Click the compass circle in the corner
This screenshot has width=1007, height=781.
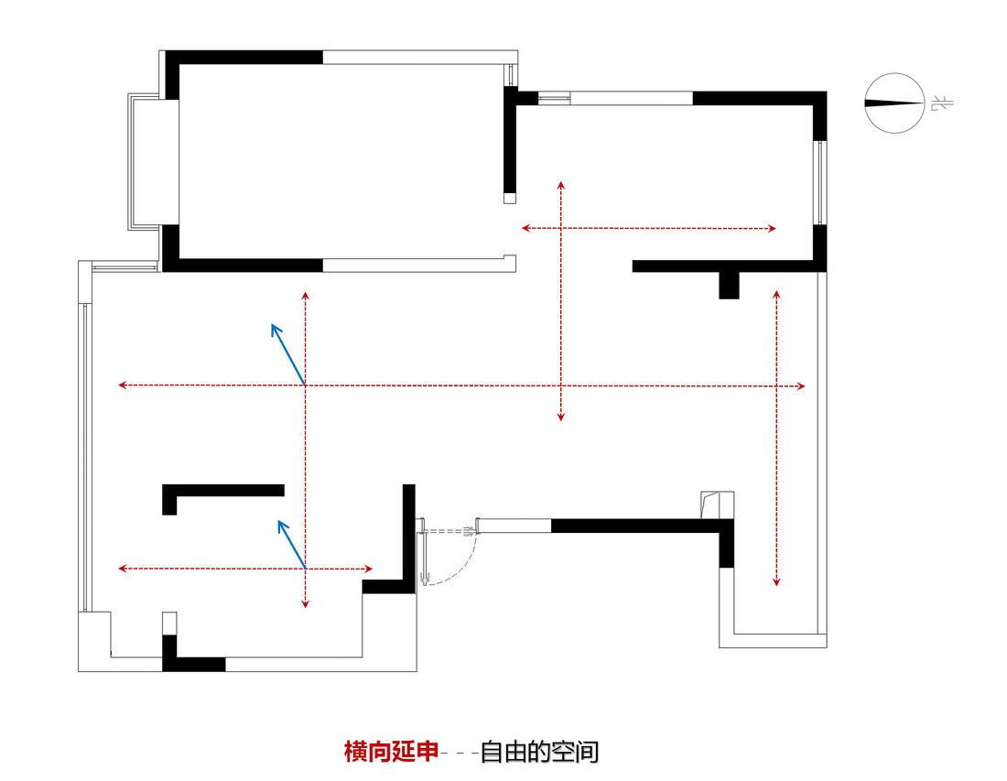(894, 74)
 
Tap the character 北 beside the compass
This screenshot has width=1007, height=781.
(942, 103)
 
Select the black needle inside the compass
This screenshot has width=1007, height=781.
(893, 103)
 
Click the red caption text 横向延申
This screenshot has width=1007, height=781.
(391, 751)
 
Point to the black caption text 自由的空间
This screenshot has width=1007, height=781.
(539, 752)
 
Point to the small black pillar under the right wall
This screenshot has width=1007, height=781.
(729, 285)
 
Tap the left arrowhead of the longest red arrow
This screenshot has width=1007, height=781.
(122, 385)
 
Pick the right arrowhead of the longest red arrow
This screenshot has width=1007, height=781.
(801, 386)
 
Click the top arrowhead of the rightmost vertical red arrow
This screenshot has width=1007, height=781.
(776, 294)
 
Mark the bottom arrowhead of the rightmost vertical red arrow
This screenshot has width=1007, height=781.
(776, 582)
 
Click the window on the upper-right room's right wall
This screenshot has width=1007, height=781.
(819, 182)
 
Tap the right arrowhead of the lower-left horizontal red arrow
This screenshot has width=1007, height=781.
(369, 569)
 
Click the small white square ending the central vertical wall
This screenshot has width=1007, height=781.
(510, 199)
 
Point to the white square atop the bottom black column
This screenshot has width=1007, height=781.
(169, 624)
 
